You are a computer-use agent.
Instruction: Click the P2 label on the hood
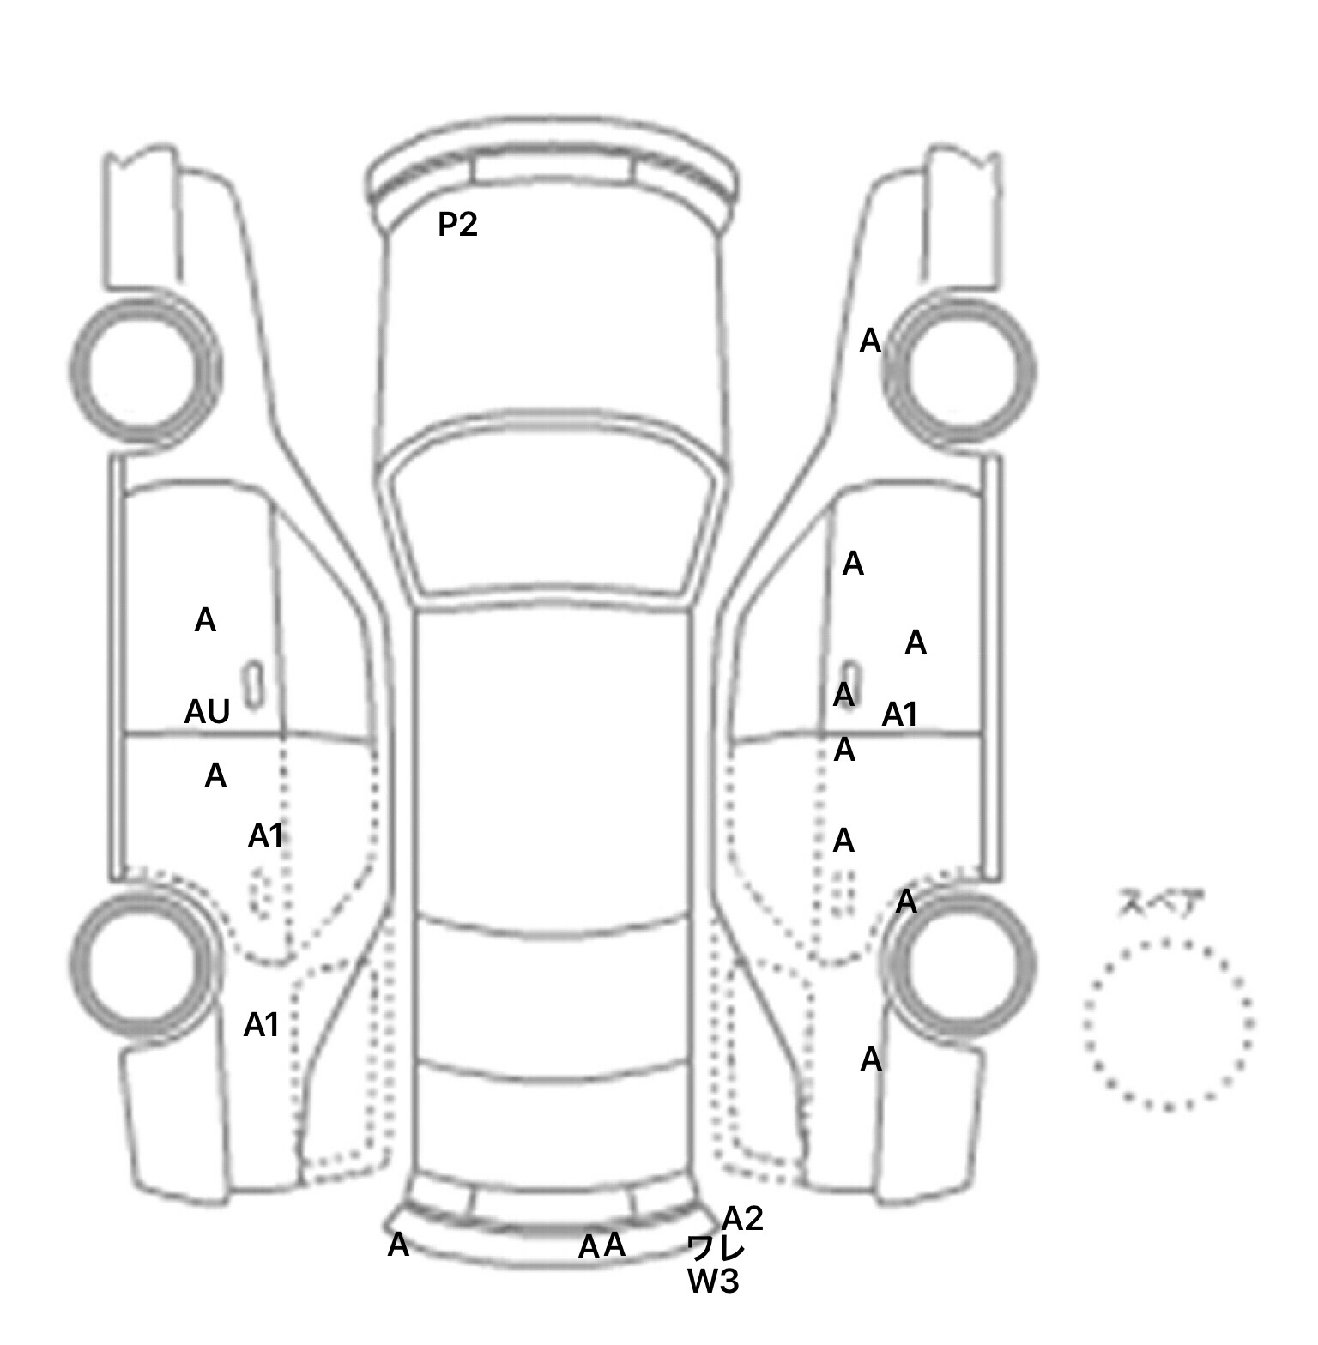[457, 225]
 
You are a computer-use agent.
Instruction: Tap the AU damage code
[208, 711]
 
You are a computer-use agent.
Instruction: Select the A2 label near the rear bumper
[742, 1218]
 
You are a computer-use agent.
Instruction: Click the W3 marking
[713, 1282]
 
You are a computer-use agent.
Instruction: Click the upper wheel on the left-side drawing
[73, 371]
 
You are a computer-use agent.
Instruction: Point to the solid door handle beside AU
[254, 685]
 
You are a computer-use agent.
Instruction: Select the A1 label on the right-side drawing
[900, 714]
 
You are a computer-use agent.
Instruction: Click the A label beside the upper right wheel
[870, 341]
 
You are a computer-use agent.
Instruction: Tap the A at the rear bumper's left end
[398, 1245]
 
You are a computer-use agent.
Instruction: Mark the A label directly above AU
[205, 619]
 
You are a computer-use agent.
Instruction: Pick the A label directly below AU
[215, 775]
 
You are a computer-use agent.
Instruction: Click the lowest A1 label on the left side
[262, 1024]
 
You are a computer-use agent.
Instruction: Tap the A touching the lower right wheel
[906, 902]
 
